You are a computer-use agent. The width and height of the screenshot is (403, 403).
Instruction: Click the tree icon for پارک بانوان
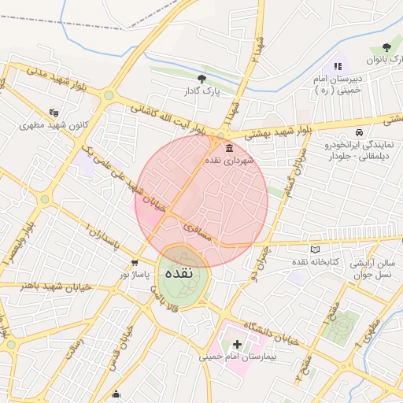(386, 48)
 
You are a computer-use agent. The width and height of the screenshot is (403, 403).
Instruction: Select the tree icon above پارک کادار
(202, 78)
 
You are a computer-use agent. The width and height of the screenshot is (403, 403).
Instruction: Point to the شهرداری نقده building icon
(229, 148)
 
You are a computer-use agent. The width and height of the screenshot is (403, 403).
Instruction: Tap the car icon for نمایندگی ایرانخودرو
(360, 132)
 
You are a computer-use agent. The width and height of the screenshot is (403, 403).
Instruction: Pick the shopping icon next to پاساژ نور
(135, 263)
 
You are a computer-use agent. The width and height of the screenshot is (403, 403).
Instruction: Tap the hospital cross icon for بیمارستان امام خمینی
(237, 344)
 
